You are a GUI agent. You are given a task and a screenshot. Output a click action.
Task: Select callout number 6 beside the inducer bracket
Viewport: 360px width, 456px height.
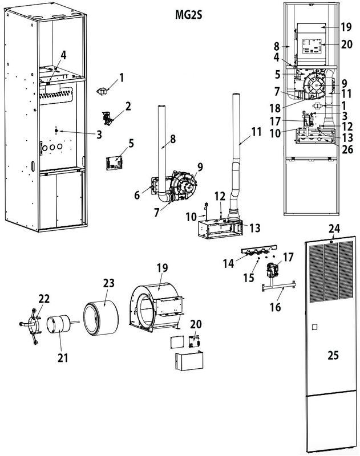[136, 195]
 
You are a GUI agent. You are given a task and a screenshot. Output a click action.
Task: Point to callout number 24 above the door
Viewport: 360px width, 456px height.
[334, 229]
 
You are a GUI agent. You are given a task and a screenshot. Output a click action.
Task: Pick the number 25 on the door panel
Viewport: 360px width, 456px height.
[333, 355]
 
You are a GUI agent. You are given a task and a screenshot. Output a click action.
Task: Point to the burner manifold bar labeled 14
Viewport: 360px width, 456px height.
[257, 250]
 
